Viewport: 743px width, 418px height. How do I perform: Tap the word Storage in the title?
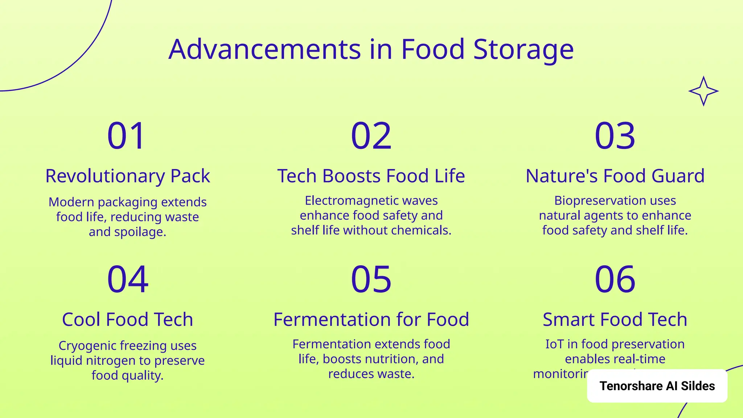(x=523, y=49)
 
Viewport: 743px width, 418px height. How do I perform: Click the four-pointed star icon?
(x=703, y=91)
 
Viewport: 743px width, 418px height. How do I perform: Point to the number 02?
(x=371, y=136)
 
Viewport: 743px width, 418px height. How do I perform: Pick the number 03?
(x=615, y=136)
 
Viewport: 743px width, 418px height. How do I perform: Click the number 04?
(x=127, y=279)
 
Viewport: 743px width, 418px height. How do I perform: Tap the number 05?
(x=371, y=279)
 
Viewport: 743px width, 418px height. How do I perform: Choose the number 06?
(x=615, y=279)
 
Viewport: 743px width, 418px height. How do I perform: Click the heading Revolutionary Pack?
(x=127, y=176)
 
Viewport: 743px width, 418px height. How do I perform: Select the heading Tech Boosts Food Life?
(x=371, y=176)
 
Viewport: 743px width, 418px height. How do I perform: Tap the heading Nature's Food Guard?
(x=615, y=176)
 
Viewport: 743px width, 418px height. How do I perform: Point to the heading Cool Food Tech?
(x=127, y=320)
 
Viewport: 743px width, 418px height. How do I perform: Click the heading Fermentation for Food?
(x=371, y=320)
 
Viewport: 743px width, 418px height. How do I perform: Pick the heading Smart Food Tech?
(x=615, y=320)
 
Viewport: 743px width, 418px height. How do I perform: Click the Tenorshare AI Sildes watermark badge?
(x=657, y=386)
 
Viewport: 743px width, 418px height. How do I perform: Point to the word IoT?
(x=554, y=344)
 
